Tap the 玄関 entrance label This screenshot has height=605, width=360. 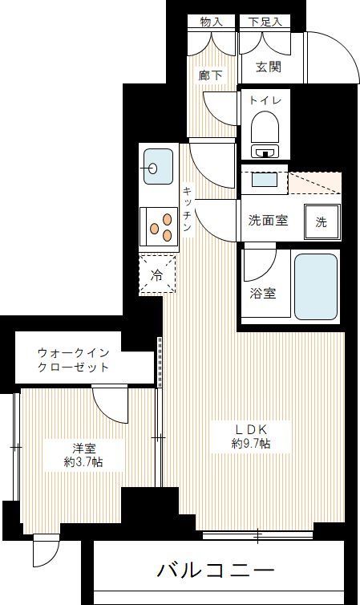tap(269, 67)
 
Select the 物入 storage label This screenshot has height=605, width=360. tap(211, 22)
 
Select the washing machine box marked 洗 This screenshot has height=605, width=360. tap(321, 222)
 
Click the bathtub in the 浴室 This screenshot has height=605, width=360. tap(315, 286)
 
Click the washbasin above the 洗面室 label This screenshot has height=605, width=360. tap(263, 181)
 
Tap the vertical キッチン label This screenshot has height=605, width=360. tap(186, 209)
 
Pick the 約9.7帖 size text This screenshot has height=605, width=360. tap(251, 444)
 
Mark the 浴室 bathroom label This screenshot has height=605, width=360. tap(264, 293)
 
